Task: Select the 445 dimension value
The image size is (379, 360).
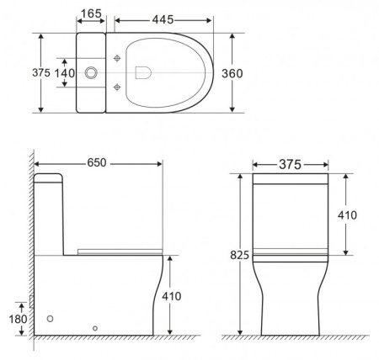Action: click(x=163, y=15)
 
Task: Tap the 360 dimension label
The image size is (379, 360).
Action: click(x=232, y=74)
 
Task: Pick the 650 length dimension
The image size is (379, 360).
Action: click(x=96, y=162)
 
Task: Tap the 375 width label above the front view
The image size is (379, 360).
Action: click(x=290, y=165)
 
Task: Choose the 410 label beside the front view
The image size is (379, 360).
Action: click(x=346, y=215)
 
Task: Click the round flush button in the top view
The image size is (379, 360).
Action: click(x=93, y=74)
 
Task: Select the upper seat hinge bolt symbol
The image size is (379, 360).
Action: click(x=118, y=60)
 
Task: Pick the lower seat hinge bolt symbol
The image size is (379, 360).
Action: click(x=118, y=87)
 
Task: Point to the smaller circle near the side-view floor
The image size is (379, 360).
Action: click(x=95, y=328)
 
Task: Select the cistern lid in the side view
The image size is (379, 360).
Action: click(x=49, y=178)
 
